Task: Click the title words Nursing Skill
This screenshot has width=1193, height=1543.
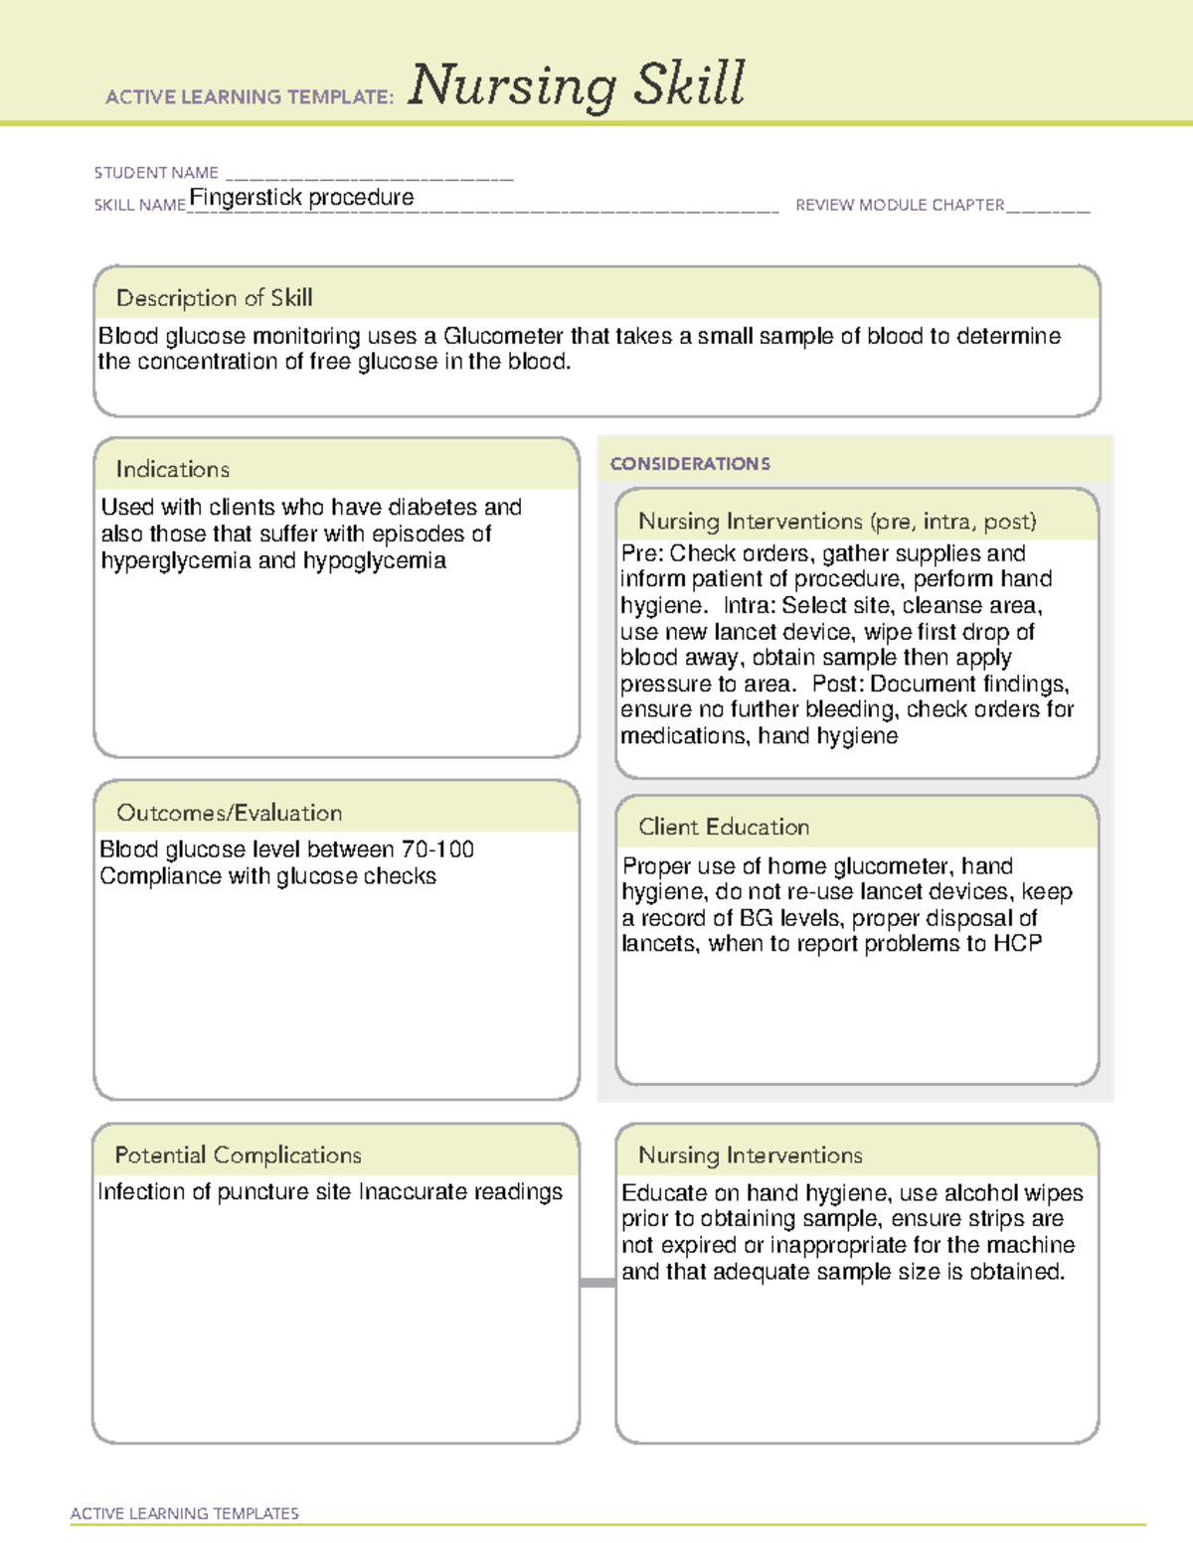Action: [x=576, y=85]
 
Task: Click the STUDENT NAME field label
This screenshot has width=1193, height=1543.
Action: [x=156, y=173]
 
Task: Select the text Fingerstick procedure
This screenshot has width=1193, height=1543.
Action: [x=301, y=198]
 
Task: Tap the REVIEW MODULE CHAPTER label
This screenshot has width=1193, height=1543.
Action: [x=900, y=205]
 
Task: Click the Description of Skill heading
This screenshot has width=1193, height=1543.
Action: [x=214, y=298]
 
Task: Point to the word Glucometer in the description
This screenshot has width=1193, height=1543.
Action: [x=503, y=336]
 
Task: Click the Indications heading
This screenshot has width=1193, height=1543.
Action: [x=172, y=469]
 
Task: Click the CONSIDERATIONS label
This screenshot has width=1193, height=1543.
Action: [x=690, y=464]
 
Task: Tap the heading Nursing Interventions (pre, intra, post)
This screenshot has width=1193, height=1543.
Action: [x=837, y=522]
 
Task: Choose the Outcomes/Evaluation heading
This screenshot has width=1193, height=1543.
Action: [x=229, y=813]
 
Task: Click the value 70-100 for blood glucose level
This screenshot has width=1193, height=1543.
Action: [x=437, y=849]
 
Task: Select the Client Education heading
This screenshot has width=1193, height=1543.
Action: [x=724, y=827]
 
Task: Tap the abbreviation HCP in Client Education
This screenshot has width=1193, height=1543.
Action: [x=1017, y=944]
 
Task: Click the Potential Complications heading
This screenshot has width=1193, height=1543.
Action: [x=238, y=1156]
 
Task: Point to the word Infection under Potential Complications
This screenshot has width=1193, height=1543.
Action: [x=138, y=1192]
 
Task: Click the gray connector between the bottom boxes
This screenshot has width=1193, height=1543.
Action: [x=597, y=1283]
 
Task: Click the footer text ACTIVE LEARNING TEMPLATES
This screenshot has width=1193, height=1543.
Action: [x=185, y=1513]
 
